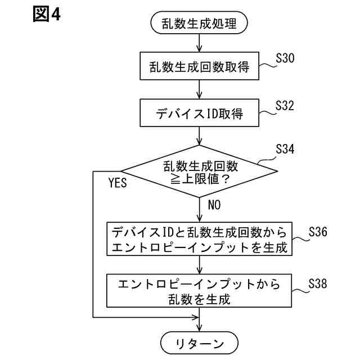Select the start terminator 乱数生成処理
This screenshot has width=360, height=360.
coord(200,24)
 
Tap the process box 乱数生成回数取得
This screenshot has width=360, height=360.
coord(200,67)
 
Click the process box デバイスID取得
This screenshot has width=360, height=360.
coord(200,114)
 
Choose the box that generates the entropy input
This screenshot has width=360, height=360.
coord(200,238)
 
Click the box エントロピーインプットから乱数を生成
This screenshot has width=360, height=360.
coord(200,290)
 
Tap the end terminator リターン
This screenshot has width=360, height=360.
coord(200,343)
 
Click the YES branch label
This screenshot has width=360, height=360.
coord(118,182)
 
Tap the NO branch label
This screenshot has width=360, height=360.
coord(214,205)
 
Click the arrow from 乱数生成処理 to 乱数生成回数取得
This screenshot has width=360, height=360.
coord(200,43)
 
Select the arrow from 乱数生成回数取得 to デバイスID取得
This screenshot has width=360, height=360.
coord(200,90)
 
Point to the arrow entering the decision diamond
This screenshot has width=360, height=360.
coord(200,136)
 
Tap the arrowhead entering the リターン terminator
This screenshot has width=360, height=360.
coord(200,327)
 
